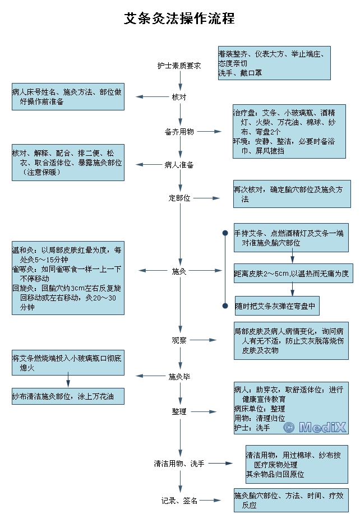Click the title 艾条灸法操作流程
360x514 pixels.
tap(179, 18)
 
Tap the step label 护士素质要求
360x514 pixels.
tap(179, 66)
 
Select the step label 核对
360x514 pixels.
tap(179, 97)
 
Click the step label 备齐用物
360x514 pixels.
tap(179, 132)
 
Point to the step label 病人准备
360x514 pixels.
tap(179, 165)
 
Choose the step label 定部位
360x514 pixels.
tap(179, 198)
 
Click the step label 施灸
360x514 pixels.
tap(179, 271)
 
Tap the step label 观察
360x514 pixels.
tap(179, 340)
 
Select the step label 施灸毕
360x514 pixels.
tap(179, 376)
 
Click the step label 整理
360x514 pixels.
tap(179, 411)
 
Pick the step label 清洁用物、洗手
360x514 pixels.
tap(179, 464)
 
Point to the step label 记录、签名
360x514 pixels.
tap(179, 501)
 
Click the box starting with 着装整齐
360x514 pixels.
tap(274, 62)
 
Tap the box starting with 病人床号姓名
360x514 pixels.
tap(68, 97)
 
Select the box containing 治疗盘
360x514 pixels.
tap(289, 131)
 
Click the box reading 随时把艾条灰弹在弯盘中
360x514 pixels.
tap(277, 306)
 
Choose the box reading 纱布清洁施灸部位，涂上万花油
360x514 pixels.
tap(68, 396)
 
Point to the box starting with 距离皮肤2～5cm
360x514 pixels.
tap(291, 274)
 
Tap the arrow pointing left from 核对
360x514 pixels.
tap(148, 97)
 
